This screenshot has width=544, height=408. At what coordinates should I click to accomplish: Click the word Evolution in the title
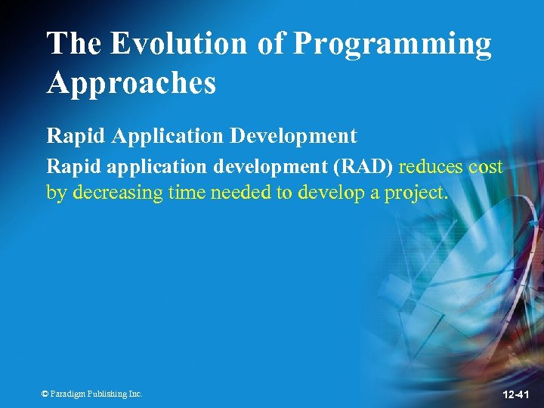point(179,44)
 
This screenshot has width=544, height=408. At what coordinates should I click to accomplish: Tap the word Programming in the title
point(392,45)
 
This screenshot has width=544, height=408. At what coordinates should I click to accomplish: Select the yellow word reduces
point(431,168)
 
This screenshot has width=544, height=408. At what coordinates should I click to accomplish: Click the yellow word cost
point(486,168)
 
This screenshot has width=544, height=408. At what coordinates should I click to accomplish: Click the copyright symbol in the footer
point(45,394)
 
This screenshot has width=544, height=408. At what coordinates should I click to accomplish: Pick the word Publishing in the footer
point(106,394)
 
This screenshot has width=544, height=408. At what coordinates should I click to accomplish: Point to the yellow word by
point(56,193)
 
